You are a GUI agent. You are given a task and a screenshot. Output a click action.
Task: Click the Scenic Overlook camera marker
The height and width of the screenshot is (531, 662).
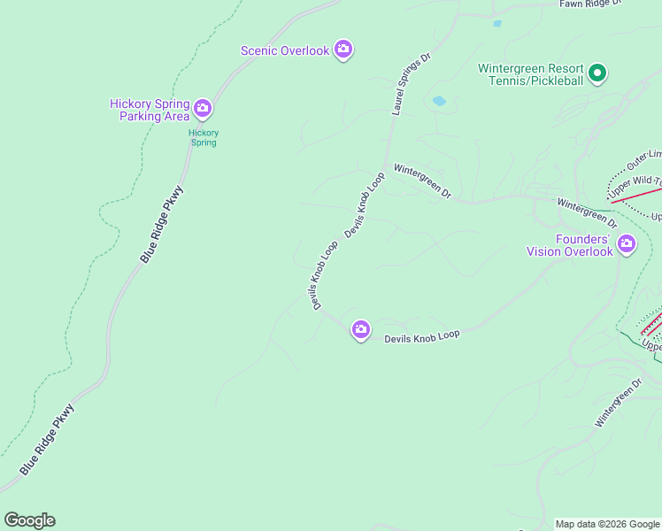click(x=343, y=50)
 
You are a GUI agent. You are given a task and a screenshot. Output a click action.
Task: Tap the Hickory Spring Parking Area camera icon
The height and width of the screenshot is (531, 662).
click(x=203, y=109)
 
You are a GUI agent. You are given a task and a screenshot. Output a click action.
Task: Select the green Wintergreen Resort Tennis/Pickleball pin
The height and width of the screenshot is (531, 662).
click(x=597, y=73)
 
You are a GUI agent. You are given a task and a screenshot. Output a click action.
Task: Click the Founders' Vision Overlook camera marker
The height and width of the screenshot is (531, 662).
click(x=627, y=243)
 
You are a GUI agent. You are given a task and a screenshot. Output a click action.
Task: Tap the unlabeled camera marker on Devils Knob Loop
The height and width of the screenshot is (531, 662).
click(x=360, y=330)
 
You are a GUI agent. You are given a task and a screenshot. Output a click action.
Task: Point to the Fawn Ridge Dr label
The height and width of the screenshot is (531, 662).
click(x=591, y=4)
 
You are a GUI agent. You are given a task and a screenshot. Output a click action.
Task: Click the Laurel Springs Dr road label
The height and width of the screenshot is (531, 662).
click(x=411, y=84)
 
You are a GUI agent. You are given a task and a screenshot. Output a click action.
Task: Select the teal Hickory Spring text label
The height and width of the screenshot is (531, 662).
click(x=204, y=137)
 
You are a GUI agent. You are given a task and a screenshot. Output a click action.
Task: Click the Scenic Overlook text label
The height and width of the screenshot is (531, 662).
click(x=285, y=50)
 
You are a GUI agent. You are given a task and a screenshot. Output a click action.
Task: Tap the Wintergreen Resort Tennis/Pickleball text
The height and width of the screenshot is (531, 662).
click(x=531, y=74)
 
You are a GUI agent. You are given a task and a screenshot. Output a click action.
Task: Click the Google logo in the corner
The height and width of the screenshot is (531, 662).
click(x=29, y=520)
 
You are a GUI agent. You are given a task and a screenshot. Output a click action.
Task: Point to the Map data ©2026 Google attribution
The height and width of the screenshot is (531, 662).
click(x=608, y=524)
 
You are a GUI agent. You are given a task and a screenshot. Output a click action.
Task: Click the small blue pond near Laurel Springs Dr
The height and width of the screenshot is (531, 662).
click(x=438, y=102)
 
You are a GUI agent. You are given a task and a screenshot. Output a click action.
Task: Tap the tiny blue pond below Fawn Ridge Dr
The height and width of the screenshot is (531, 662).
click(x=496, y=24)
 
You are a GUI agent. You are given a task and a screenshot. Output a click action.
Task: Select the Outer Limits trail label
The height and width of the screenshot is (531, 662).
click(x=643, y=160)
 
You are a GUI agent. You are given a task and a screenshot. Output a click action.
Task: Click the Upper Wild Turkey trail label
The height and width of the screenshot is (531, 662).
click(x=634, y=187)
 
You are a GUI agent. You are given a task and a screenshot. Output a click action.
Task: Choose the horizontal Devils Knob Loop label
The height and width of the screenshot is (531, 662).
click(x=422, y=337)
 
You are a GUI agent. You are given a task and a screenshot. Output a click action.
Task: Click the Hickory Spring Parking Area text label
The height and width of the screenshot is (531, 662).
click(x=150, y=110)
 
